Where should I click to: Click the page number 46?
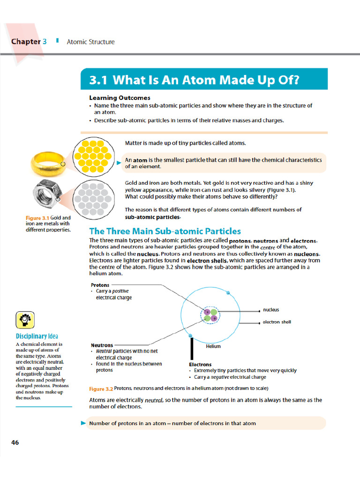tap(15, 442)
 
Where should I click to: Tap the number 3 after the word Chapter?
tap(45, 41)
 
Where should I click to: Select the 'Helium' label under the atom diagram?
tap(213, 346)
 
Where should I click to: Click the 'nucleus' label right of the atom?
tap(271, 310)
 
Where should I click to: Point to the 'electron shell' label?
tap(277, 322)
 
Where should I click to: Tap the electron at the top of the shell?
tap(228, 293)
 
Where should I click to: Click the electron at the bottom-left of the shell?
tap(190, 336)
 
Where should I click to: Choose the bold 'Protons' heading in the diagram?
tap(100, 285)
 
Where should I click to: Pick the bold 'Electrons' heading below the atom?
tap(200, 364)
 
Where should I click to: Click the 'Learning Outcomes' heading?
tap(120, 98)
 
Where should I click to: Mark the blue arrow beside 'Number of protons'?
tap(83, 423)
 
